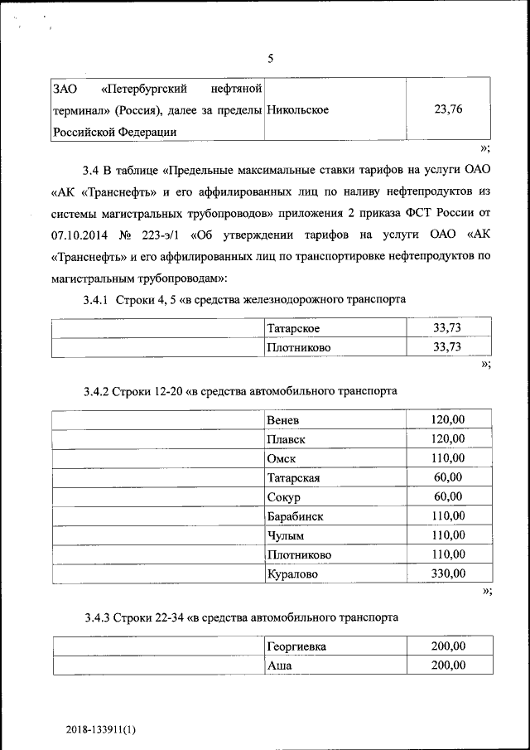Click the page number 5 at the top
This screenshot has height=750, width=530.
270,59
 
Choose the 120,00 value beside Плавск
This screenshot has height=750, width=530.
447,439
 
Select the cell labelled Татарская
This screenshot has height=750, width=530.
293,478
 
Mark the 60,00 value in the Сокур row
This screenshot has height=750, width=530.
447,497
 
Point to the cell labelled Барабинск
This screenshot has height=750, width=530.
295,516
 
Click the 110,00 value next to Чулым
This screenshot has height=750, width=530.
447,535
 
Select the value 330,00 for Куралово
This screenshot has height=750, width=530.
447,573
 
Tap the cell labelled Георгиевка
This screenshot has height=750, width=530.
296,647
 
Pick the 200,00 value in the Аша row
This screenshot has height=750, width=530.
447,665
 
